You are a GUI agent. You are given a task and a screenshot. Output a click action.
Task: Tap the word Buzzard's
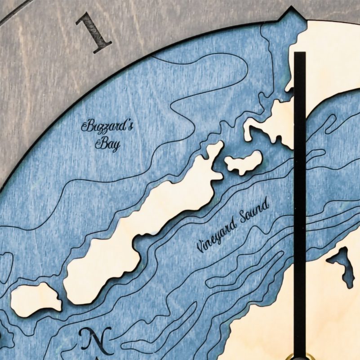[107, 126]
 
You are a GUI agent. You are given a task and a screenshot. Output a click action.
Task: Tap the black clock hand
[299, 202]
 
